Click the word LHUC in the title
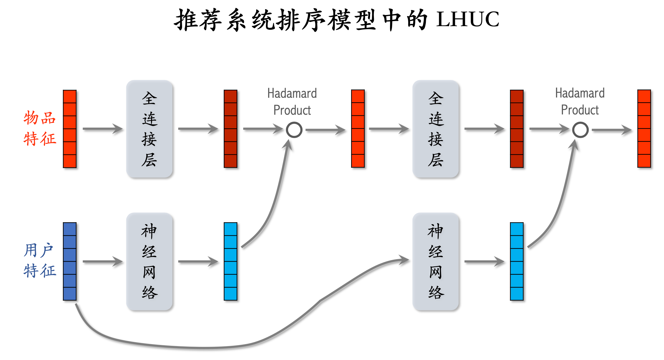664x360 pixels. [x=467, y=19]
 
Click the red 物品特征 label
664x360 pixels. [x=40, y=128]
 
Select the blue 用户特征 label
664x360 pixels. [x=40, y=261]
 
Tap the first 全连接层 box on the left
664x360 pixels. [x=149, y=129]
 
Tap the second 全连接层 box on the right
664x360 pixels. [x=436, y=129]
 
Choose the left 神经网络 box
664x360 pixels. [x=149, y=261]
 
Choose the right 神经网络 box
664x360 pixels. [x=436, y=261]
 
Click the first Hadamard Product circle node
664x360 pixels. [x=294, y=130]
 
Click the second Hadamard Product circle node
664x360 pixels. [x=580, y=130]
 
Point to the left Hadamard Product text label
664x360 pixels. [x=292, y=102]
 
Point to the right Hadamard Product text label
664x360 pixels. [x=580, y=101]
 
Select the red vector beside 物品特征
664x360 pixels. [x=70, y=129]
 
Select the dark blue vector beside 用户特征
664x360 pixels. [x=70, y=261]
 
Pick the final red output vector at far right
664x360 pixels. [x=644, y=129]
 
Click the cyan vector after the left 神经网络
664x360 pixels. [x=230, y=261]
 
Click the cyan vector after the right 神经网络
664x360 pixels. [x=517, y=261]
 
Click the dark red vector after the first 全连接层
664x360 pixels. [x=230, y=129]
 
